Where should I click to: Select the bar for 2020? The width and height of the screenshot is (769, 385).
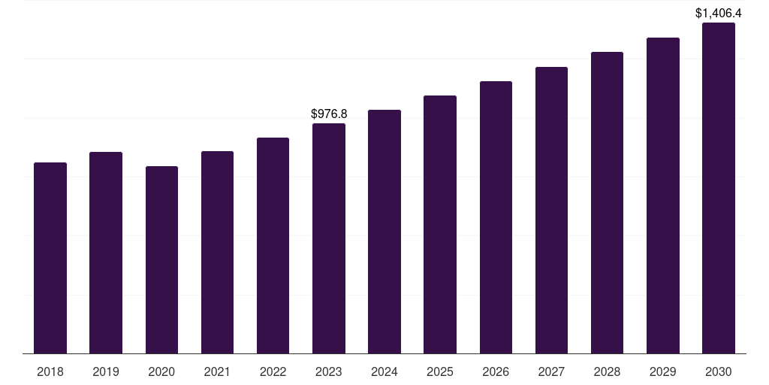[161, 260]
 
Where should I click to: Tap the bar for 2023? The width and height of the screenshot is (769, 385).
[329, 238]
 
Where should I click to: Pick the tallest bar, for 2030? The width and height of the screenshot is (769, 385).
[719, 188]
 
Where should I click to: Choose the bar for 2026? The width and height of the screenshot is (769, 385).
[496, 217]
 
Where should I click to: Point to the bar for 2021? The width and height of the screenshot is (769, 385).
[217, 253]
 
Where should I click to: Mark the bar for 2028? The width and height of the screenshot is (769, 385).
[607, 203]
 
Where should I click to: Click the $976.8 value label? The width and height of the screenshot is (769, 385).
[329, 114]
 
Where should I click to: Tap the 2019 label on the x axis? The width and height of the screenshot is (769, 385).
[106, 371]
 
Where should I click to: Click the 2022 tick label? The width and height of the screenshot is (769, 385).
[273, 371]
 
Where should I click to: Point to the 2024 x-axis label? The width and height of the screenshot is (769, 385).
[384, 371]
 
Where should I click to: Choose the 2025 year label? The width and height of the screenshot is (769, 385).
[440, 371]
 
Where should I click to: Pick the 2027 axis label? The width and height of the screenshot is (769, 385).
[551, 371]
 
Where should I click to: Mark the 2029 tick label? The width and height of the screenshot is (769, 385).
[663, 371]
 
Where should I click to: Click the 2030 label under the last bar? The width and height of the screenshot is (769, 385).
[719, 371]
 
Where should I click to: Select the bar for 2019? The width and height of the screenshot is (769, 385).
[106, 253]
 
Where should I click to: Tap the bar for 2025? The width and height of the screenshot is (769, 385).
[440, 225]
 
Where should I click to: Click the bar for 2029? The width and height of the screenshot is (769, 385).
[663, 196]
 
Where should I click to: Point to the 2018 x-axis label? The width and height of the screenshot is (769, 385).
[50, 371]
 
